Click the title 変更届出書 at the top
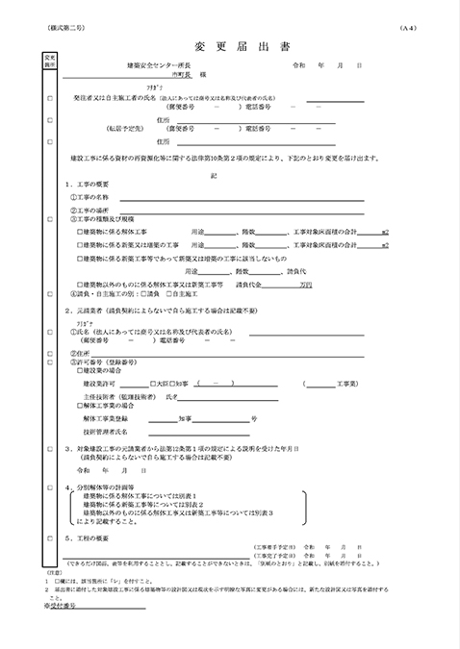(229, 46)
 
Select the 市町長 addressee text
(183, 74)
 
